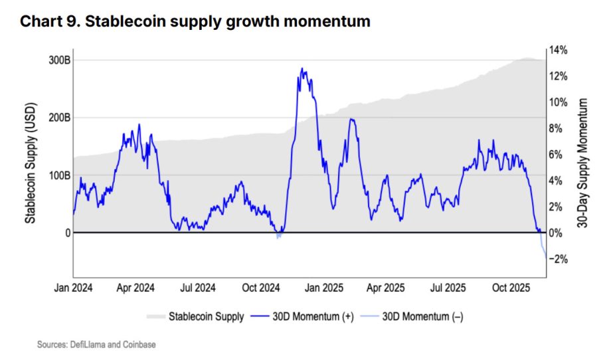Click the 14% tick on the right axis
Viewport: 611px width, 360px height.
pos(558,50)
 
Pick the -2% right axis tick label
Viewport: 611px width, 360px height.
pos(558,259)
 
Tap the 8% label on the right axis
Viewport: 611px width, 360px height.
pos(558,128)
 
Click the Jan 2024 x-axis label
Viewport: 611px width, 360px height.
pos(73,288)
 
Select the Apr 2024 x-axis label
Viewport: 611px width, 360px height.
pos(136,288)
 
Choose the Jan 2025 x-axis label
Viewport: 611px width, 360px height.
pos(323,288)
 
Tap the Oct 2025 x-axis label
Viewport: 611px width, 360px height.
pos(509,288)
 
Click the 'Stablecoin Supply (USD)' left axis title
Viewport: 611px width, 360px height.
pos(30,163)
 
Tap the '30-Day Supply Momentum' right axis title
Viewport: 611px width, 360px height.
pos(584,163)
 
